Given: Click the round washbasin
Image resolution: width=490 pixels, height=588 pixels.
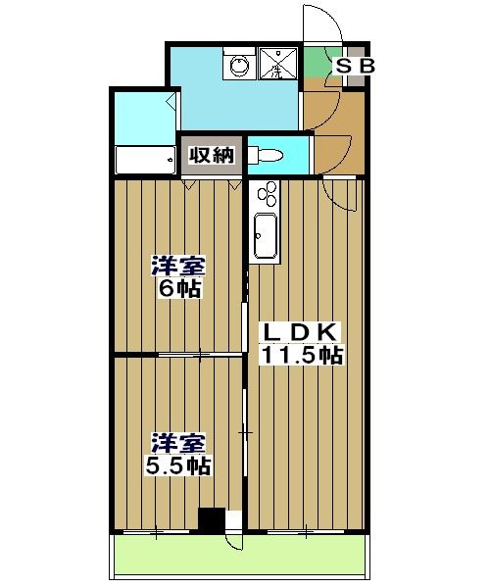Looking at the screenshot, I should point(237,66).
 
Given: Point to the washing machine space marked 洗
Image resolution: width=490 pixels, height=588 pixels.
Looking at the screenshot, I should point(277,66).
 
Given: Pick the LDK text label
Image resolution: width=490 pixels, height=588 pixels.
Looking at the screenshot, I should point(300,330).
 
